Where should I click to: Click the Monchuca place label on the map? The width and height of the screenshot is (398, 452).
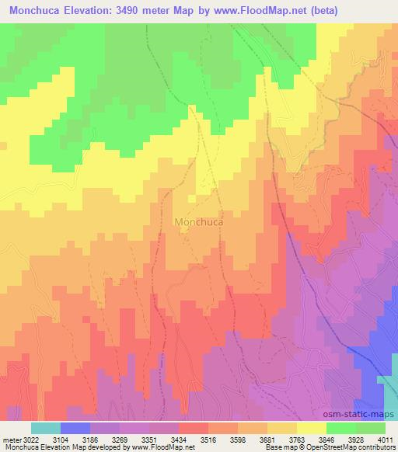click(x=200, y=221)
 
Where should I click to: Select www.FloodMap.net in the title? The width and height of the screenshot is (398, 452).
click(x=282, y=9)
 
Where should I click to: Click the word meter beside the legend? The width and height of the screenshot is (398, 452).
click(x=11, y=440)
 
